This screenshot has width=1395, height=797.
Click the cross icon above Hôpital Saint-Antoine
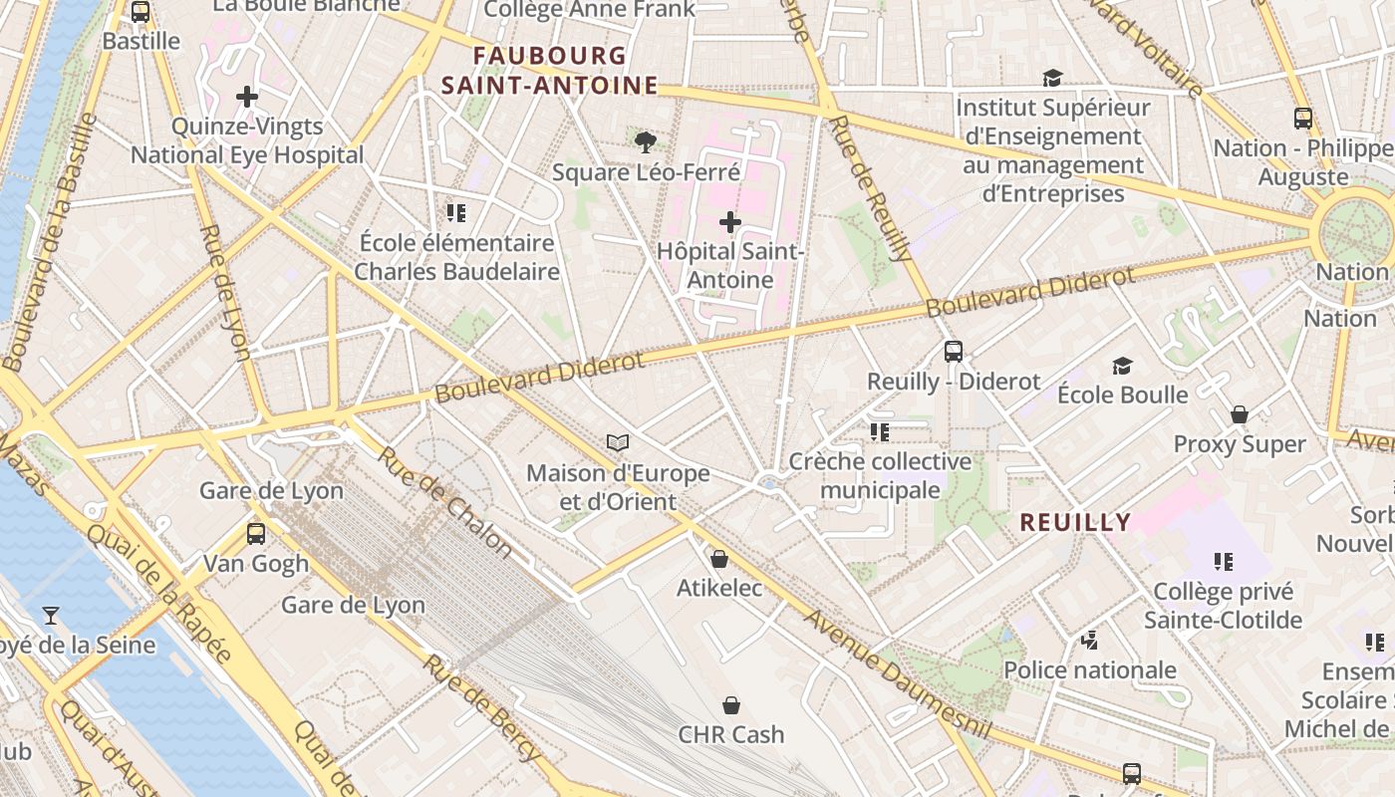(x=730, y=222)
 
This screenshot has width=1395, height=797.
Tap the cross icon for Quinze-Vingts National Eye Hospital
(x=247, y=97)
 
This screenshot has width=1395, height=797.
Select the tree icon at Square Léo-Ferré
(x=646, y=142)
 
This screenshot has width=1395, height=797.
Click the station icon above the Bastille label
(x=140, y=12)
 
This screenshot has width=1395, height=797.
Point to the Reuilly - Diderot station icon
(x=954, y=351)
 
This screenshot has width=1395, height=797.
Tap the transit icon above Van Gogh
(x=256, y=533)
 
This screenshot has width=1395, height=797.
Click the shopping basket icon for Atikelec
(x=719, y=558)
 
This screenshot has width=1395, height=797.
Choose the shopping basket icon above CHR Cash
(x=731, y=705)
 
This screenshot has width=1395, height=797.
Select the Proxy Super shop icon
(x=1240, y=413)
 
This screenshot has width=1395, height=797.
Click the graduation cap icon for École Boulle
(x=1122, y=366)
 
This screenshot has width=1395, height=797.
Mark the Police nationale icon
(x=1090, y=640)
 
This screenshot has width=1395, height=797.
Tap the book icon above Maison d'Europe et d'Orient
(x=618, y=442)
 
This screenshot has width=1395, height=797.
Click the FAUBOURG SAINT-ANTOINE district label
(x=550, y=71)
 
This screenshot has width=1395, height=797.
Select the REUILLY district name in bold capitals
(x=1075, y=522)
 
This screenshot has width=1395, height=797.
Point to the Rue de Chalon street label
(x=444, y=502)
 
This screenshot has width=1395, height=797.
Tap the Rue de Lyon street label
(x=224, y=292)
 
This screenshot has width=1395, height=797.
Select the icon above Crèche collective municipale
(x=879, y=431)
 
